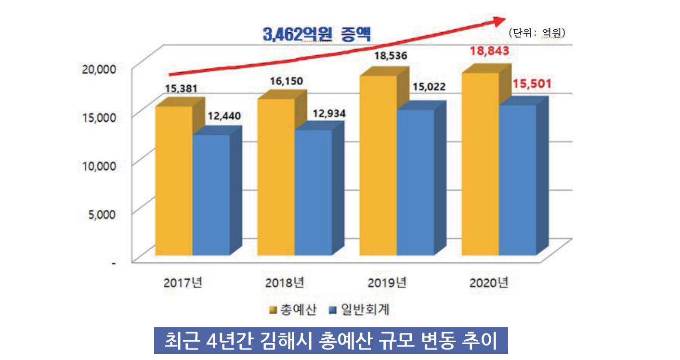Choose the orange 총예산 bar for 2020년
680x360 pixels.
pyautogui.click(x=480, y=164)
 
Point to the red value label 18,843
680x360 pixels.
pyautogui.click(x=490, y=51)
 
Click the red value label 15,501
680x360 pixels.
pyautogui.click(x=532, y=84)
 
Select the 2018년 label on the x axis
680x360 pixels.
pyautogui.click(x=285, y=283)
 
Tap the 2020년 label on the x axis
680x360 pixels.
pyautogui.click(x=489, y=283)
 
